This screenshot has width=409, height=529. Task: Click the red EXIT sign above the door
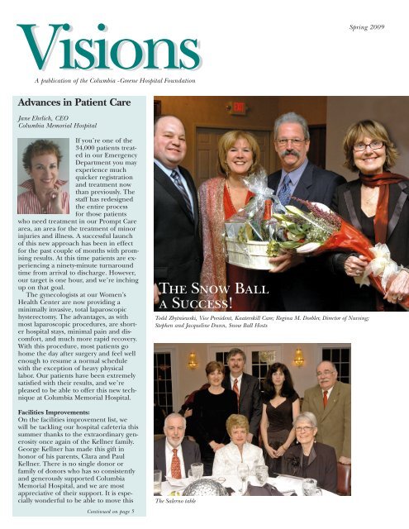pos(239,107)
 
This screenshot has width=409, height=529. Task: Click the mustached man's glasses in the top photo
pos(292,142)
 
